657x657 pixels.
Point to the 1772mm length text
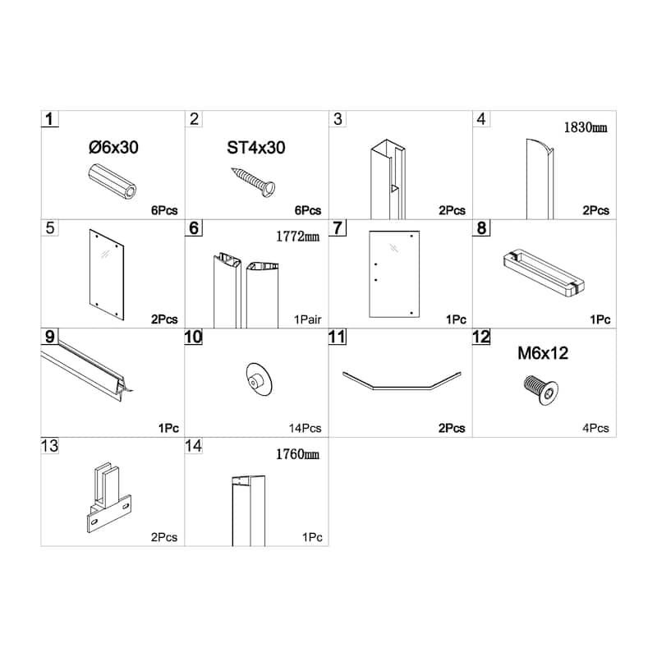[x=297, y=237]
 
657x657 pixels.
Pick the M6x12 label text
[x=542, y=354]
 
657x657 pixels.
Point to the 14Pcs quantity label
[x=305, y=428]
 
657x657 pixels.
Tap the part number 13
[x=49, y=446]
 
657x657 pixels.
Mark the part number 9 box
[x=50, y=338]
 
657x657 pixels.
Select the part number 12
[x=481, y=338]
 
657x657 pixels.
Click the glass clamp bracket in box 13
[x=104, y=501]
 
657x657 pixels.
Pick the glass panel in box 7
[x=394, y=274]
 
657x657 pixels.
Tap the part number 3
[x=338, y=119]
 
